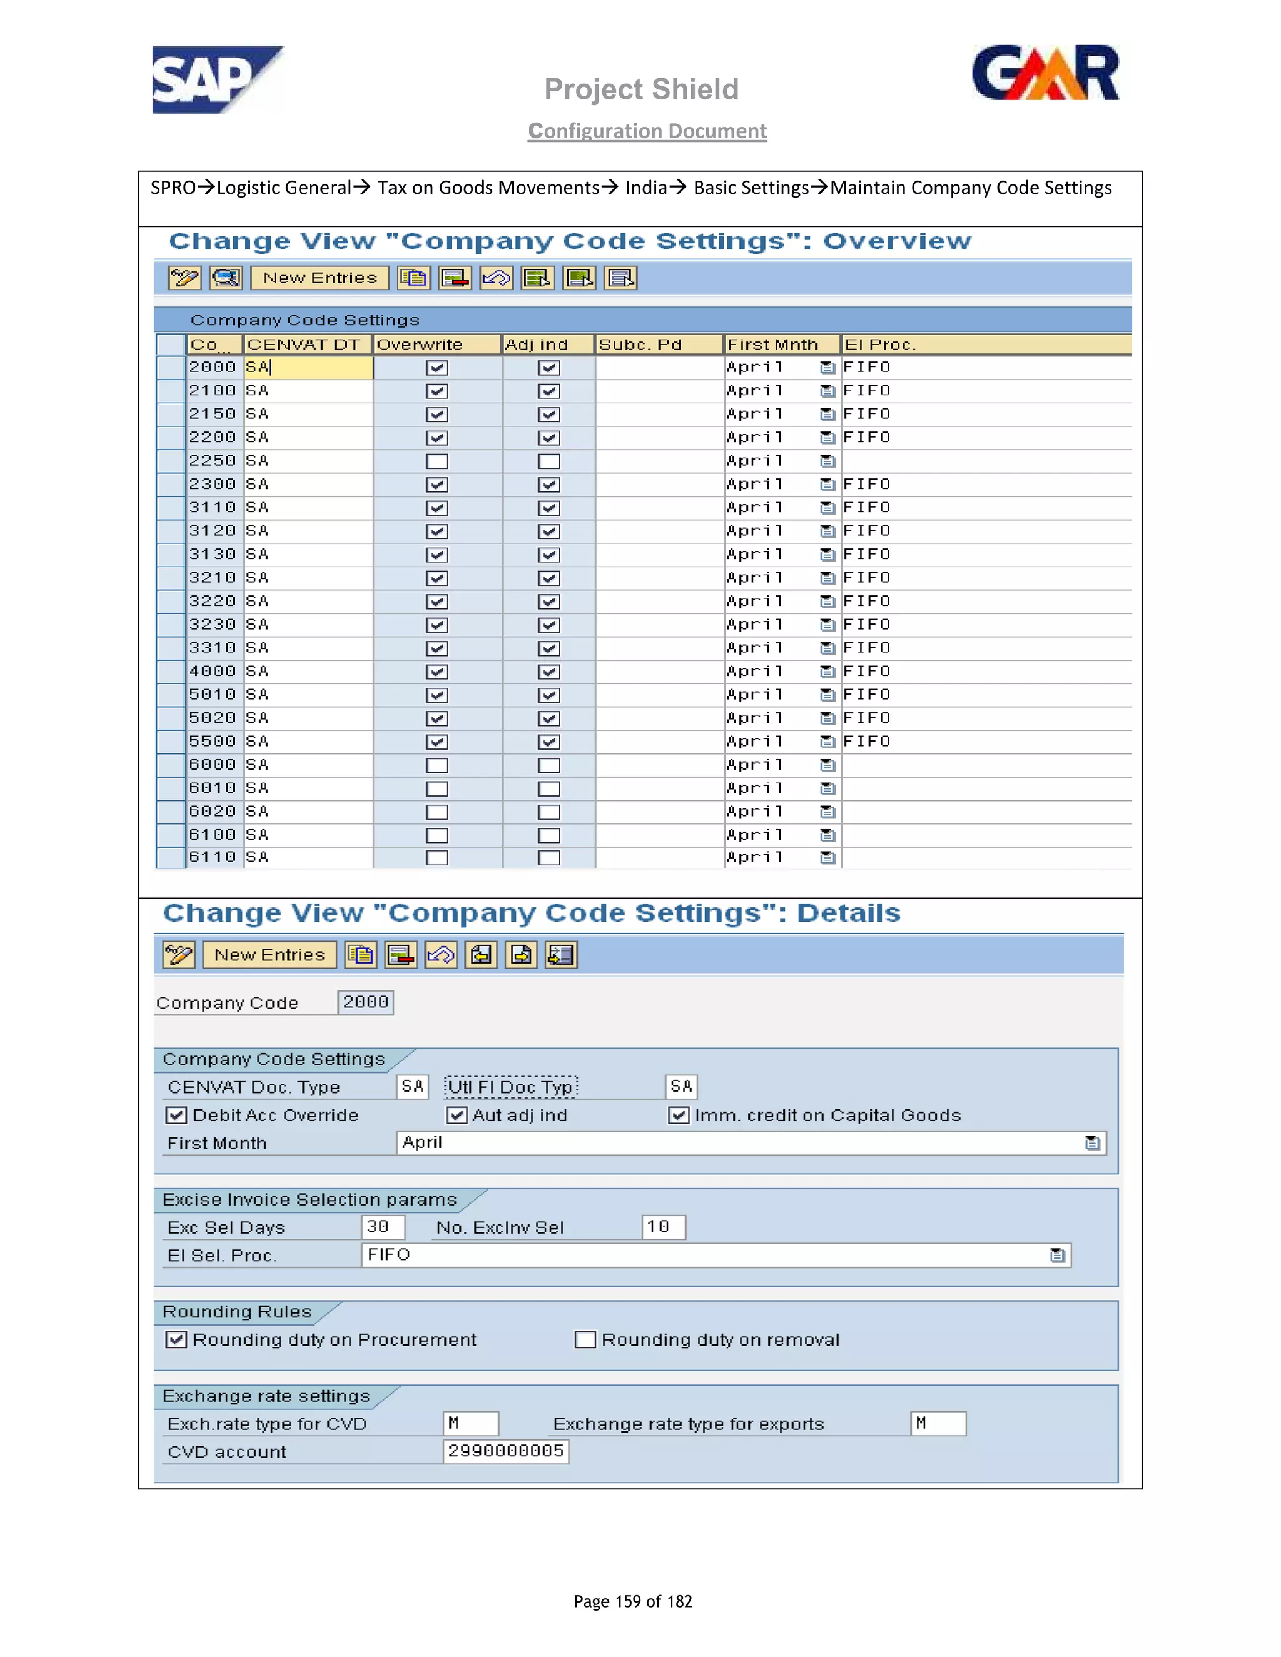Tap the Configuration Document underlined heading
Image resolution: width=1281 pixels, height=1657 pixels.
pyautogui.click(x=647, y=131)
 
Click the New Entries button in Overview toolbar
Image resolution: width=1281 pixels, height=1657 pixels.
pyautogui.click(x=320, y=278)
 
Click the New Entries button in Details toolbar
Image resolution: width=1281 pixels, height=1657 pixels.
pyautogui.click(x=270, y=954)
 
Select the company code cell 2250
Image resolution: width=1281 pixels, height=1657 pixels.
pyautogui.click(x=213, y=461)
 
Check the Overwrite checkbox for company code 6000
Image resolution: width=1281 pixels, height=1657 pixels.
pyautogui.click(x=437, y=765)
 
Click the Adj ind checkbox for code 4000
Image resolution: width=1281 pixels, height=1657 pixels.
pyautogui.click(x=549, y=672)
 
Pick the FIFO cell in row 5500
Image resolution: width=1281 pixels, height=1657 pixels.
pyautogui.click(x=867, y=741)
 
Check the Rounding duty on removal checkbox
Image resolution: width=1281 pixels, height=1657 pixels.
pyautogui.click(x=585, y=1340)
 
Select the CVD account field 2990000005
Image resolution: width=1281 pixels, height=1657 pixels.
pyautogui.click(x=505, y=1451)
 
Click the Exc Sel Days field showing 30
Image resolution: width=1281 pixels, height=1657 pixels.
pyautogui.click(x=382, y=1227)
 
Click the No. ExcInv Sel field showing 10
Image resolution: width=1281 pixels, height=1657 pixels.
pyautogui.click(x=662, y=1227)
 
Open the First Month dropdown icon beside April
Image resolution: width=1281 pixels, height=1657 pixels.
pyautogui.click(x=1092, y=1142)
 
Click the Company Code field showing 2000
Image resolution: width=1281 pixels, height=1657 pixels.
pyautogui.click(x=365, y=1002)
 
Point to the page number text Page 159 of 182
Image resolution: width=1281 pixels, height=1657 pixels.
pyautogui.click(x=632, y=1601)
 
